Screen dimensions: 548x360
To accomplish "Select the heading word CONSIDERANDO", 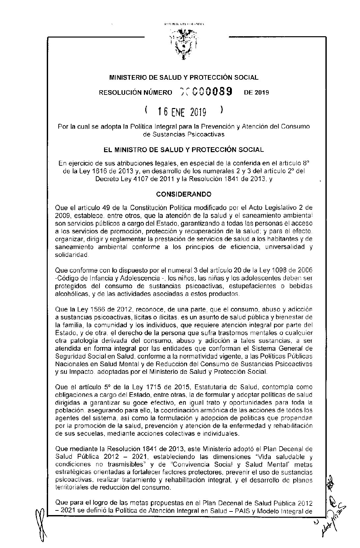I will [183, 195].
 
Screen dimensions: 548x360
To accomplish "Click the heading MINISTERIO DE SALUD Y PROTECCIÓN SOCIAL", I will [183, 78].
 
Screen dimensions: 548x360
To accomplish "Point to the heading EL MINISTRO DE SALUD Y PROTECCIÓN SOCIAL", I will [183, 150].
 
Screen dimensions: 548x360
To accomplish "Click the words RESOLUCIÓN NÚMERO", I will [135, 93].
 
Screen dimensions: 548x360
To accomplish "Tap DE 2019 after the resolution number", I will [256, 93].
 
